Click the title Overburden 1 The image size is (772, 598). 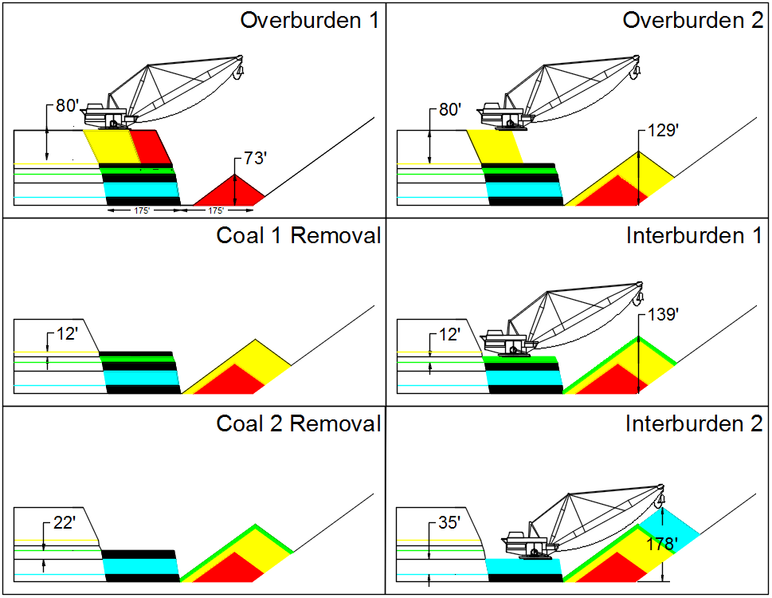pyautogui.click(x=309, y=20)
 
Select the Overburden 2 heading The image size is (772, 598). pyautogui.click(x=692, y=20)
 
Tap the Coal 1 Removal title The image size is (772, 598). pyautogui.click(x=298, y=235)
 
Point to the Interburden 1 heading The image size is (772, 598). pyautogui.click(x=694, y=235)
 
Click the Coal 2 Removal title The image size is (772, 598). pyautogui.click(x=298, y=423)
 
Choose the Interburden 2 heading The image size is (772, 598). pyautogui.click(x=694, y=423)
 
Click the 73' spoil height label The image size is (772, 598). pyautogui.click(x=253, y=159)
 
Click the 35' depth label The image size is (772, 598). pyautogui.click(x=449, y=523)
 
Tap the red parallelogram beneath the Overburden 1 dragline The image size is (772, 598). pyautogui.click(x=150, y=147)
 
